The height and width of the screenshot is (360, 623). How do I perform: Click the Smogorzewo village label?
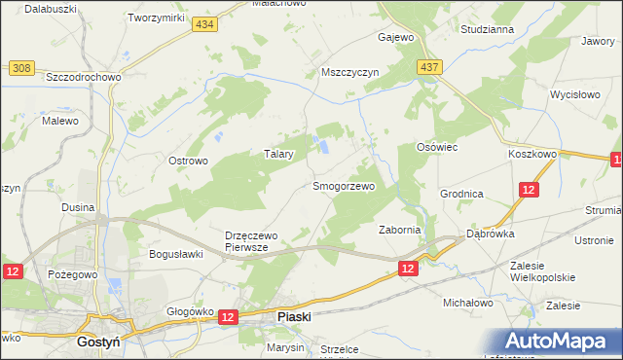[x=343, y=185]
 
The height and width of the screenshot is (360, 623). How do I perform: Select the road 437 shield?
[x=429, y=66]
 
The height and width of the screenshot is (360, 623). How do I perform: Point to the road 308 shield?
[x=21, y=66]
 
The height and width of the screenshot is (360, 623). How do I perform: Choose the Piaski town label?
[x=293, y=316]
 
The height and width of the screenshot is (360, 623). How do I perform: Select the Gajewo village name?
[x=396, y=38]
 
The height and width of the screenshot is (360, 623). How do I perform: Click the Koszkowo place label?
[x=531, y=154]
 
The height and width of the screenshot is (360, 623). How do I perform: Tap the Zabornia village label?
[x=399, y=230]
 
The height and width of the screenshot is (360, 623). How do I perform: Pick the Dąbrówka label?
[x=491, y=234]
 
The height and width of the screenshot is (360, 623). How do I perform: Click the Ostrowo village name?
[x=189, y=161]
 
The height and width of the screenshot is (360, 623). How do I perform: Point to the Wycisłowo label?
[x=573, y=95]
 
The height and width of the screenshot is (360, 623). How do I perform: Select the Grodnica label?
[x=461, y=194]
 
